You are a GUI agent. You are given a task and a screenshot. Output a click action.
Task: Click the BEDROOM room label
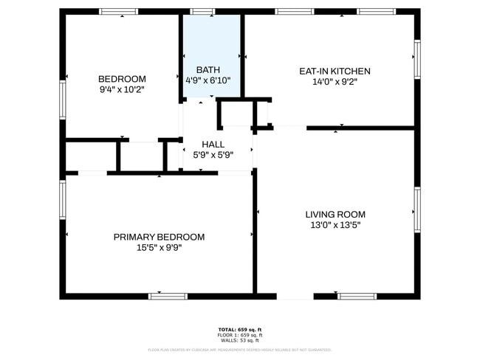click(x=122, y=79)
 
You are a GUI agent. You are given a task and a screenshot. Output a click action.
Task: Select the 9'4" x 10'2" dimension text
click(x=122, y=89)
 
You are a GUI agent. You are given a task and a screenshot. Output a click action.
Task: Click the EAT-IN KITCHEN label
click(x=335, y=72)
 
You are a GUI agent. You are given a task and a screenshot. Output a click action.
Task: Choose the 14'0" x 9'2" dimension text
click(x=335, y=82)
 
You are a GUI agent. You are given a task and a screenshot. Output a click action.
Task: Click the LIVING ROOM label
click(x=335, y=215)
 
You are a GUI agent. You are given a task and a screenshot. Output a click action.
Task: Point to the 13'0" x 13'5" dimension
click(x=335, y=225)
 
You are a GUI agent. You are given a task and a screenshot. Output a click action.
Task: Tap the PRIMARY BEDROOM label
click(x=159, y=237)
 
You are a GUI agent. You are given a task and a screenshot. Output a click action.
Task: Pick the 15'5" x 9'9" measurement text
click(x=159, y=247)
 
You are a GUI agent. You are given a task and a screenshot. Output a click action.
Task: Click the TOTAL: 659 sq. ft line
click(x=240, y=329)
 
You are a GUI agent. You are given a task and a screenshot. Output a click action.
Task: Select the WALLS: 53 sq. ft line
click(x=240, y=341)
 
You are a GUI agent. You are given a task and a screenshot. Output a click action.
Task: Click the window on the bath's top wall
click(x=203, y=12)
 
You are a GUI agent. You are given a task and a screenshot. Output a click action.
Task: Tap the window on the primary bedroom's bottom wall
click(x=168, y=296)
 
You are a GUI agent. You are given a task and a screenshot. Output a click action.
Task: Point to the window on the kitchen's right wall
click(x=417, y=59)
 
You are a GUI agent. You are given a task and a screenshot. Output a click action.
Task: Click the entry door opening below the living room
click(x=295, y=296)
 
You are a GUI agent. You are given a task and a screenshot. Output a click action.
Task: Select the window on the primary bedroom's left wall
click(x=63, y=200)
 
